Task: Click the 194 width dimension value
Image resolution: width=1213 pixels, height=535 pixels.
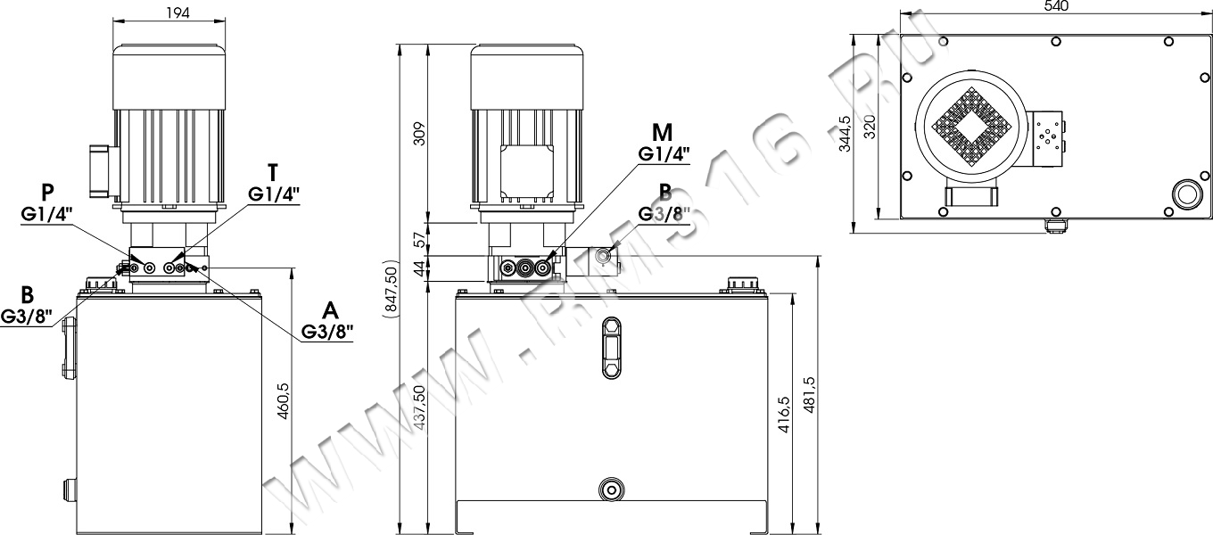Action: click(177, 12)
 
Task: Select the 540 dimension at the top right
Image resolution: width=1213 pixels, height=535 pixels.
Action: click(1055, 6)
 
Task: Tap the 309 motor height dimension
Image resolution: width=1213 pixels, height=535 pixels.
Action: click(420, 134)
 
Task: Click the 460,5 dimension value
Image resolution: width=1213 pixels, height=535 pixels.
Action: click(284, 401)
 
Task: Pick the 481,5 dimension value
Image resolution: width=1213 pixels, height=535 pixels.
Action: click(809, 395)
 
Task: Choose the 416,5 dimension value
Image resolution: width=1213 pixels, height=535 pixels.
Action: click(784, 415)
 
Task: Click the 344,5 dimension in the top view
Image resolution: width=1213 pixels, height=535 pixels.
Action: click(845, 134)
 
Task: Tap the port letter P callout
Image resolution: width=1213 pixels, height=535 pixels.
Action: click(47, 193)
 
